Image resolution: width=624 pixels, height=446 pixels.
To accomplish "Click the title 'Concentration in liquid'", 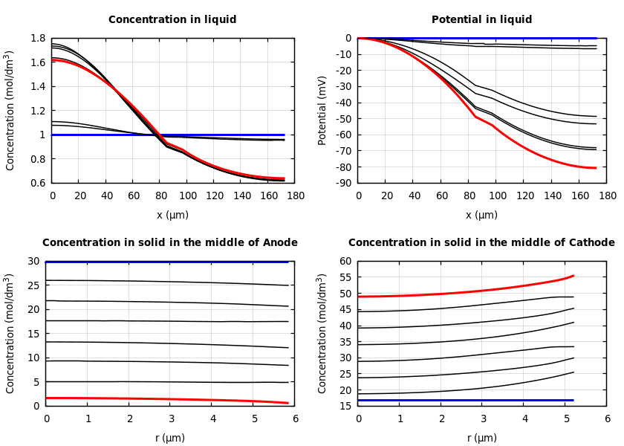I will (172, 20).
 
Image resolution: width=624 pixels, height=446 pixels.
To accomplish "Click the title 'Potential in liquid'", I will (481, 20).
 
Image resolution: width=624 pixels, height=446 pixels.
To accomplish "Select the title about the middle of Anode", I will (169, 242).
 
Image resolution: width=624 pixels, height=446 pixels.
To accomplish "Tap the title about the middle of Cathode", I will (481, 242).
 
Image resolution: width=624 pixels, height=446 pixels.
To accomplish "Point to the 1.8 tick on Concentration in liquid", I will (37, 38).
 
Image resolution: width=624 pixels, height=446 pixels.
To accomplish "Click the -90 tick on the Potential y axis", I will (343, 183).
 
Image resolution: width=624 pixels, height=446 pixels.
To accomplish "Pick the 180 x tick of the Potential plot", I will (607, 195).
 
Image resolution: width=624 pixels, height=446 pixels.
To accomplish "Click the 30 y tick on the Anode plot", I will (33, 261).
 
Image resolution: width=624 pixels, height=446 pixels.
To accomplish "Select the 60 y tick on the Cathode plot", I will (345, 261).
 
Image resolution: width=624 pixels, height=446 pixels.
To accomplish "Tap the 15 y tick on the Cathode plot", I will (345, 406).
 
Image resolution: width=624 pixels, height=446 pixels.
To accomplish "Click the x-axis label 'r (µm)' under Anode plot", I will (169, 438).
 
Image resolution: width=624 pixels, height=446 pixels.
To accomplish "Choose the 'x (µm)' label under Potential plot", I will (481, 215).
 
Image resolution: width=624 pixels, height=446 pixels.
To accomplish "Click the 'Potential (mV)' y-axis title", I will (322, 110).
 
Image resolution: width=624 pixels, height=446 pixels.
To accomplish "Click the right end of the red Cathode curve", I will (573, 276).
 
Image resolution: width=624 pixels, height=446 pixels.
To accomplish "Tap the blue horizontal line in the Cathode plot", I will (461, 400).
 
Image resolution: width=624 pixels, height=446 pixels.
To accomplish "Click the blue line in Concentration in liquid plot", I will (223, 135).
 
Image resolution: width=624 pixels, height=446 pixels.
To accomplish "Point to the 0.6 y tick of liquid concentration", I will (37, 183).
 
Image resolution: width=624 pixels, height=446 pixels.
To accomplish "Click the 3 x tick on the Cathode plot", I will (483, 418).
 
